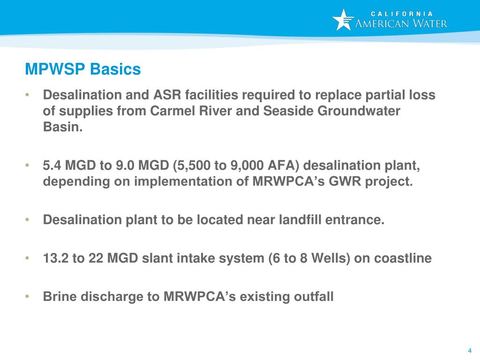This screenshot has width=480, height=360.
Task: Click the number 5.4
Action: coord(52,165)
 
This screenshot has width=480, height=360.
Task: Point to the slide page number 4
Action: coord(469,351)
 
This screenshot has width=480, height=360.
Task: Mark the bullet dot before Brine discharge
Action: coord(28,296)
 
